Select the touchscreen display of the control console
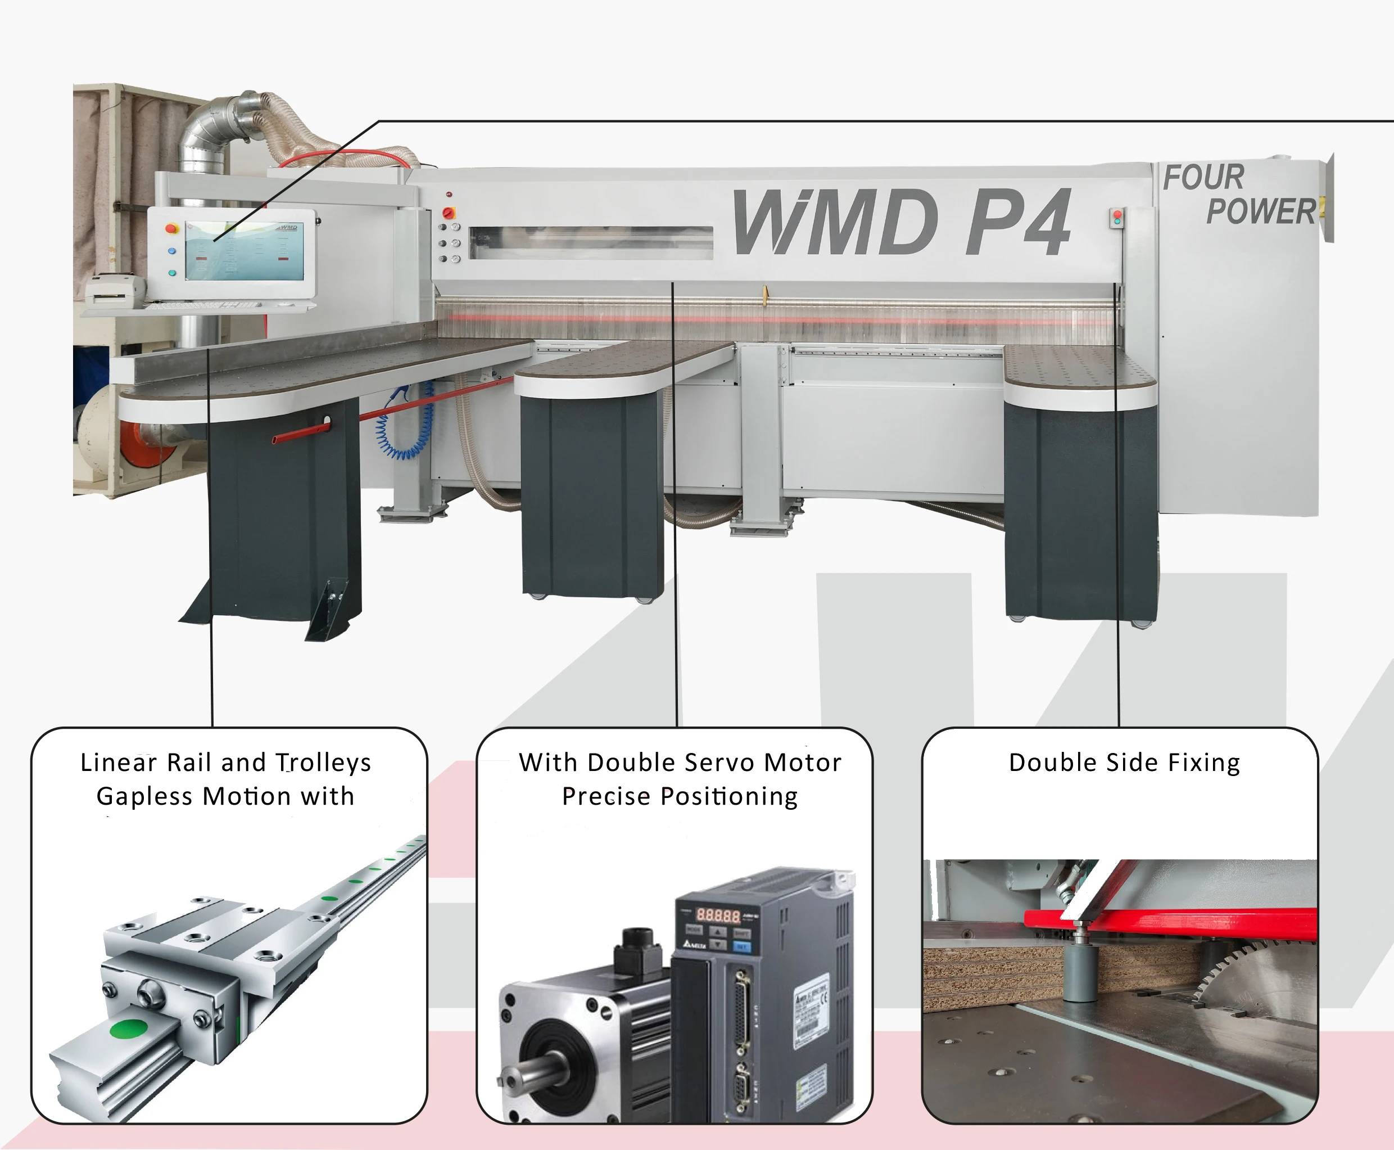click(244, 251)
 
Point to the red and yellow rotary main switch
click(449, 213)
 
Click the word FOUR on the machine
click(1203, 178)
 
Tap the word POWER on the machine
click(1260, 212)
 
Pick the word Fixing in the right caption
click(1203, 763)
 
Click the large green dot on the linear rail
click(130, 1029)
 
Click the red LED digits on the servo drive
click(718, 916)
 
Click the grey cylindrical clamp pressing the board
click(1080, 971)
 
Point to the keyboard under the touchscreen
click(198, 305)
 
